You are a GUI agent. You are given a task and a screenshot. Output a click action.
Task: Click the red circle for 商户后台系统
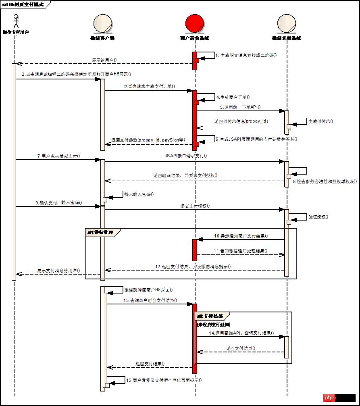195,23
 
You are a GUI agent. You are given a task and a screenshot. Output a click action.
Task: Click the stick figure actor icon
16,21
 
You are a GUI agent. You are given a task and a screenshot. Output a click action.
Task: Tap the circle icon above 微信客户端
102,24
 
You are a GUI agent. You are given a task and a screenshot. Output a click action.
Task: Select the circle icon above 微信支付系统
287,24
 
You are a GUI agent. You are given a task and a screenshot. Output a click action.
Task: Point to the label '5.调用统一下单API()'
240,107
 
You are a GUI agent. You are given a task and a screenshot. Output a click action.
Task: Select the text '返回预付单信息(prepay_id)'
241,121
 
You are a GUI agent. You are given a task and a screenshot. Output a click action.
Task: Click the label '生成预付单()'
321,121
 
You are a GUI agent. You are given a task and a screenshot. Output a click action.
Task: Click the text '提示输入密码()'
139,194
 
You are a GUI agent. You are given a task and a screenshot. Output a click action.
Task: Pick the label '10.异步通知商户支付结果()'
241,235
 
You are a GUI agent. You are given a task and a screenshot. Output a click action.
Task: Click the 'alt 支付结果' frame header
212,316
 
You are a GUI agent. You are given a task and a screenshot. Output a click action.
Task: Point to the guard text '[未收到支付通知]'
214,324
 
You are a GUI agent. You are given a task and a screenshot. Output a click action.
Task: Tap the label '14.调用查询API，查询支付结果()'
241,333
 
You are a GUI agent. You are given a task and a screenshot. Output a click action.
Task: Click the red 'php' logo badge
329,398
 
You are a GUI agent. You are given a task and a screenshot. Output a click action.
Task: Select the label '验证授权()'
318,217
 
